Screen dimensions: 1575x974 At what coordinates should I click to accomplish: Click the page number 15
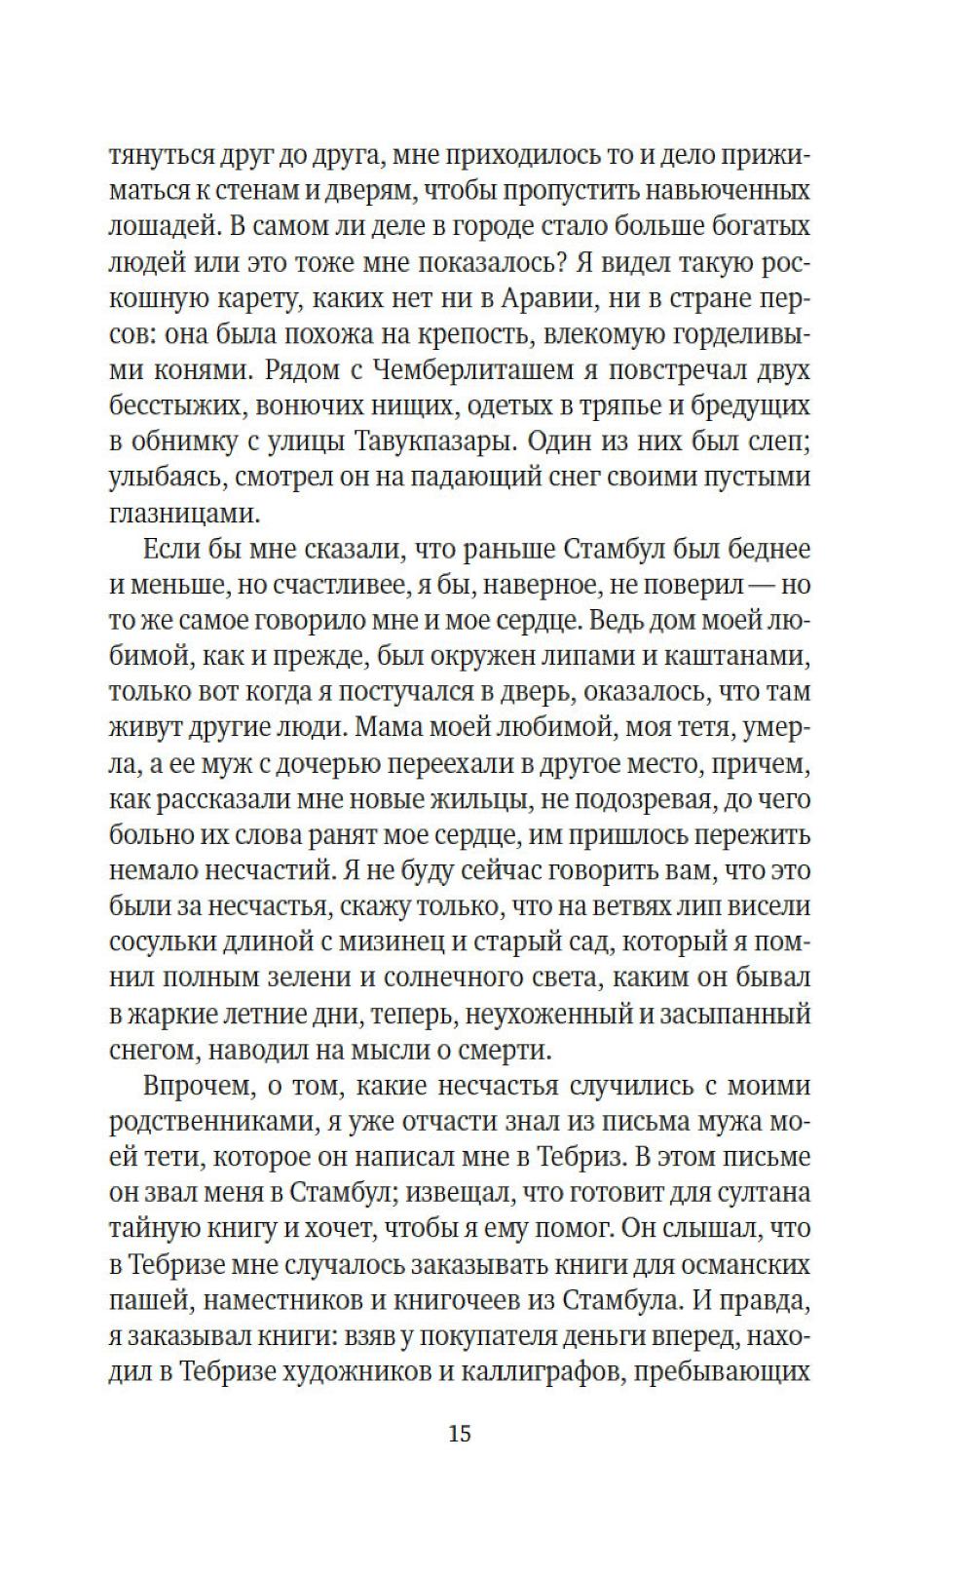pos(460,1434)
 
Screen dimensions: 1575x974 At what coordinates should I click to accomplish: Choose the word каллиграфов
pos(549,1372)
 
